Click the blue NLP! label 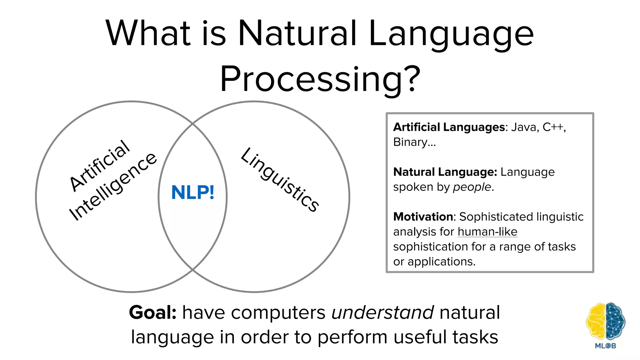pyautogui.click(x=193, y=192)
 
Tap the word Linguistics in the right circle pyautogui.click(x=280, y=180)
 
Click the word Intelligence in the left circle pyautogui.click(x=113, y=187)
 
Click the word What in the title pyautogui.click(x=148, y=33)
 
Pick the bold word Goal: pyautogui.click(x=153, y=312)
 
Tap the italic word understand pyautogui.click(x=382, y=312)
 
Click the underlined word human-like pyautogui.click(x=487, y=232)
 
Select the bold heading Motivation pyautogui.click(x=423, y=217)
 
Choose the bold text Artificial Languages pyautogui.click(x=449, y=127)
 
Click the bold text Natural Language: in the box pyautogui.click(x=445, y=172)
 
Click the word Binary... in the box pyautogui.click(x=414, y=142)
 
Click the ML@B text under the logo pyautogui.click(x=605, y=346)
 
